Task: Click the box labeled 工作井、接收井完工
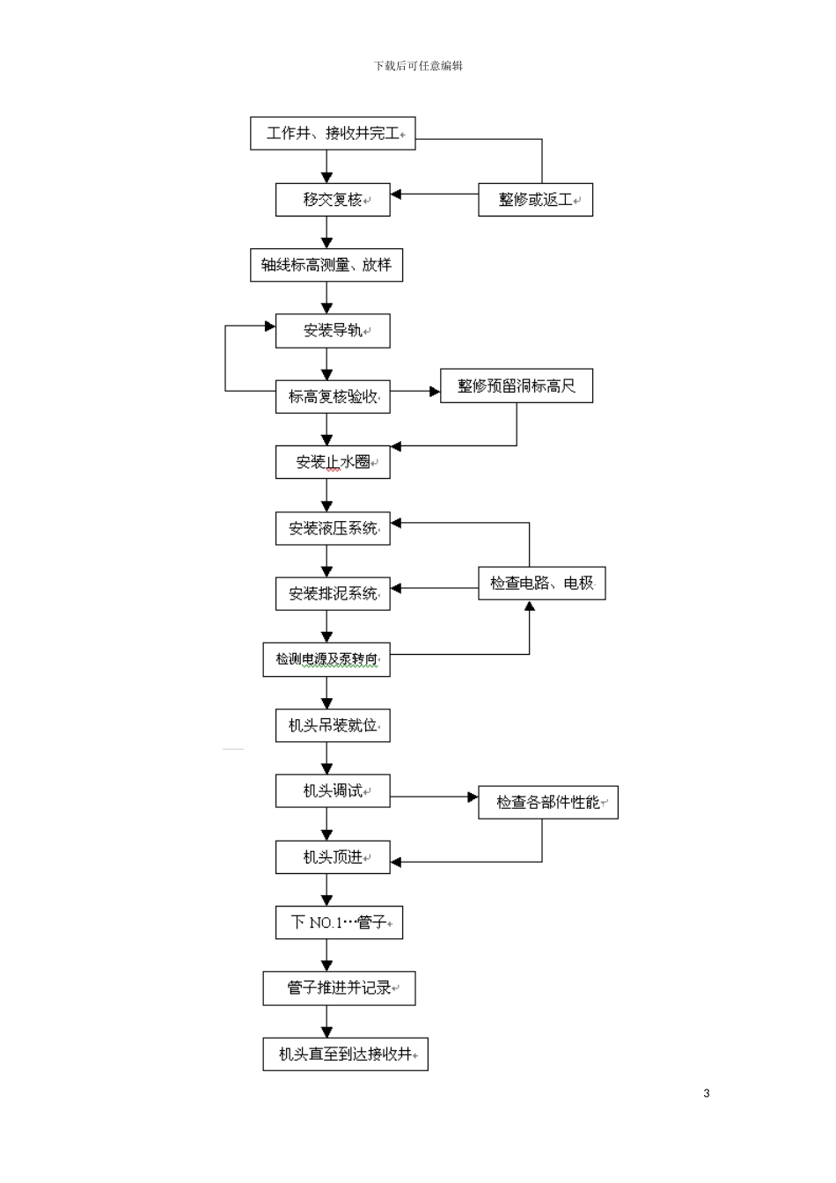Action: tap(333, 134)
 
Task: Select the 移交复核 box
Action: tap(333, 200)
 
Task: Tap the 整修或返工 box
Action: tap(535, 200)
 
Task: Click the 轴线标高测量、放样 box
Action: tap(326, 265)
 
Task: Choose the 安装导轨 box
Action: tap(333, 331)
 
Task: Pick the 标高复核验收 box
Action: tap(333, 397)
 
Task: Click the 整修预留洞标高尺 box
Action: tap(517, 386)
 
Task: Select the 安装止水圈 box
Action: tap(333, 462)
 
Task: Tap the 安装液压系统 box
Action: tap(333, 528)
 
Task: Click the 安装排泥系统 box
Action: tap(333, 593)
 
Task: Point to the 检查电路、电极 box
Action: tap(542, 583)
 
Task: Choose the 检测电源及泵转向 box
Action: tap(326, 659)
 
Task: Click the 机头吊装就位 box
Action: tap(333, 725)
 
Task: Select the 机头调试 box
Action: tap(333, 791)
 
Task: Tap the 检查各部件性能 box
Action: tap(548, 802)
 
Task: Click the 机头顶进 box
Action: tap(333, 856)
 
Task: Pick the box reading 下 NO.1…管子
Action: tap(339, 922)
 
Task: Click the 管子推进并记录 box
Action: tap(339, 988)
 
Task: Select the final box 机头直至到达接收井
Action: tap(345, 1054)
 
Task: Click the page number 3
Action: tap(707, 1093)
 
